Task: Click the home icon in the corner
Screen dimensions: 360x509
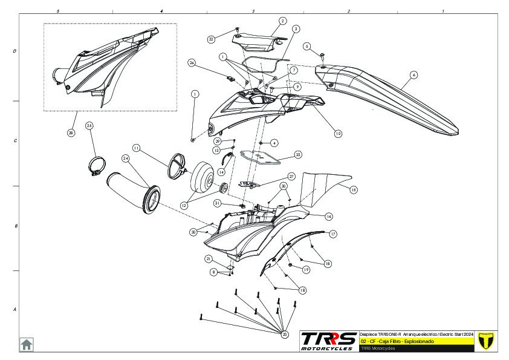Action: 27,344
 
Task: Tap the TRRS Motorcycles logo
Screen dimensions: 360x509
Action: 329,341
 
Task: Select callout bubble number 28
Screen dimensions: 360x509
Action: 71,133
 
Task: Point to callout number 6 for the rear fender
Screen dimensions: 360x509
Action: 413,75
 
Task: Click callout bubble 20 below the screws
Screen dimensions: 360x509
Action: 285,334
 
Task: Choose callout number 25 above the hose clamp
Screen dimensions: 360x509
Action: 89,126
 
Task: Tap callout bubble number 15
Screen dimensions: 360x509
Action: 353,190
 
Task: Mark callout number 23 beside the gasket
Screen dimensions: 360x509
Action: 297,155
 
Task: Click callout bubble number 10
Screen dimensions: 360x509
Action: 337,133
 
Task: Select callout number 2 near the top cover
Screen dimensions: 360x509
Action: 282,21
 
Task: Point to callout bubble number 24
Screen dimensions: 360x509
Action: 126,159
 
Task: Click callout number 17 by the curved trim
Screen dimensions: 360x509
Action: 332,234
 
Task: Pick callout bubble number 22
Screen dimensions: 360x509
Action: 211,39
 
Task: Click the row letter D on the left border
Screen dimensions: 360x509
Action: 15,51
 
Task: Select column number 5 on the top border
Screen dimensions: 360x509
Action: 57,11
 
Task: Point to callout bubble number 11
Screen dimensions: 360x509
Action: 136,148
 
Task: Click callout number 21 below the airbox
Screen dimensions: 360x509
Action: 209,259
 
